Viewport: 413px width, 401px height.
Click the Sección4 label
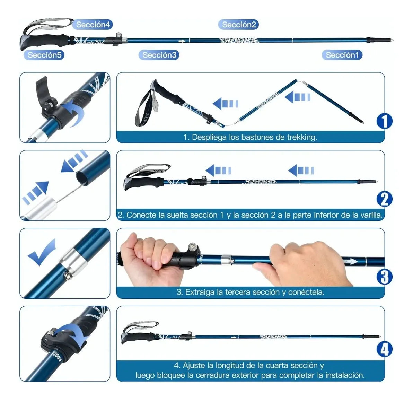(x=93, y=25)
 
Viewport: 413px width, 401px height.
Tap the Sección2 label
(x=239, y=25)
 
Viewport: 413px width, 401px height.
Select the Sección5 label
(x=44, y=55)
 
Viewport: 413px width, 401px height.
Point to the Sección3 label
(x=159, y=55)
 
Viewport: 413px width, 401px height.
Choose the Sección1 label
(x=342, y=55)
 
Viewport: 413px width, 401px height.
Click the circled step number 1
(x=385, y=121)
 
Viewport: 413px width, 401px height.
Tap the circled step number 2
(x=385, y=199)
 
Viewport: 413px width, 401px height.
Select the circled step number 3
(x=385, y=277)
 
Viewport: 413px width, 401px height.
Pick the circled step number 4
(x=385, y=349)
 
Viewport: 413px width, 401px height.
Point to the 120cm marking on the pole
(x=57, y=357)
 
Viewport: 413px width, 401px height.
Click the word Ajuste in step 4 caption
(x=194, y=365)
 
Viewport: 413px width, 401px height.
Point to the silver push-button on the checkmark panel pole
(x=68, y=275)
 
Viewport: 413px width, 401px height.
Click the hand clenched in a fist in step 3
(x=151, y=258)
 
